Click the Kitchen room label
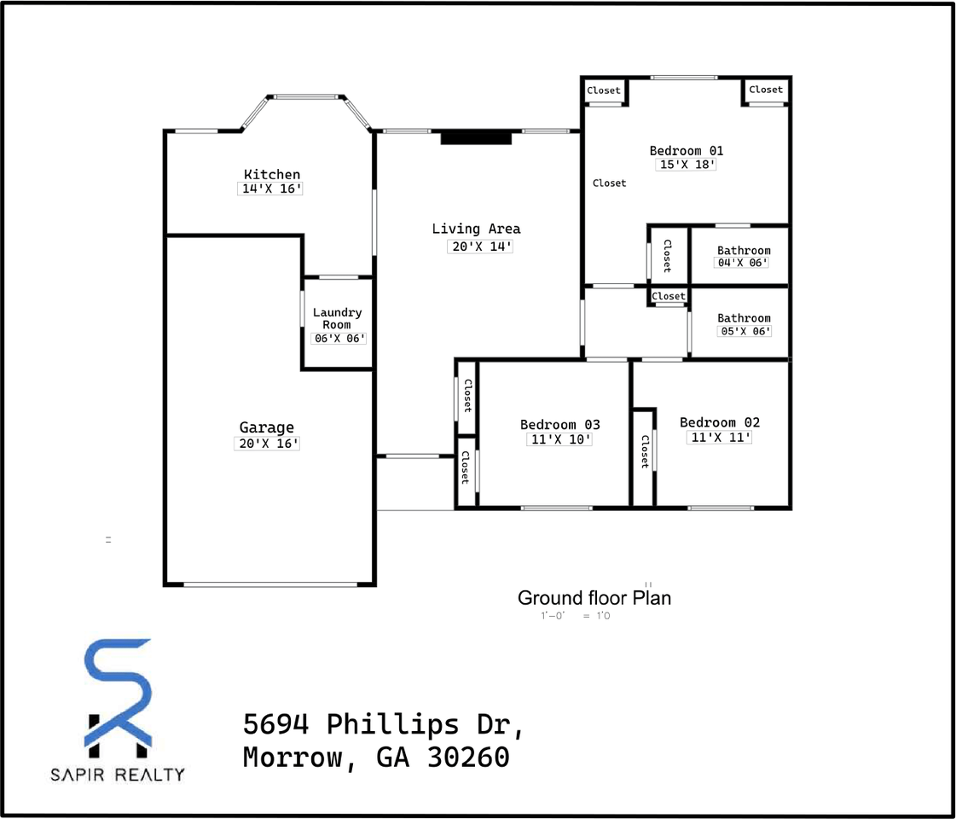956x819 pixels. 272,174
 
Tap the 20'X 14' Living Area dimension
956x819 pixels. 480,247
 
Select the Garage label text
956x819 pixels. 266,427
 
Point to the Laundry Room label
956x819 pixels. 337,318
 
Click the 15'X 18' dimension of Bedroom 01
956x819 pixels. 686,165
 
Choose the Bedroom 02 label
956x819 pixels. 719,422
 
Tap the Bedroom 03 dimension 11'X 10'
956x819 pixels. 559,439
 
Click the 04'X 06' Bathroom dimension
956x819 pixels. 742,263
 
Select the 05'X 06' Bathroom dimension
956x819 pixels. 744,331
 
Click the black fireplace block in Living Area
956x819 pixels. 476,136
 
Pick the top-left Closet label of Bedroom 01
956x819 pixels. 604,90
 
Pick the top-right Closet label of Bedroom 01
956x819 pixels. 765,90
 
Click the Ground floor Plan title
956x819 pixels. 594,597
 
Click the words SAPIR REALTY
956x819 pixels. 117,775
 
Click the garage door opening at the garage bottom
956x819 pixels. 270,584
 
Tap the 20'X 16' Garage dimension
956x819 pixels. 267,444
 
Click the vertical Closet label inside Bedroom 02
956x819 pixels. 645,451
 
